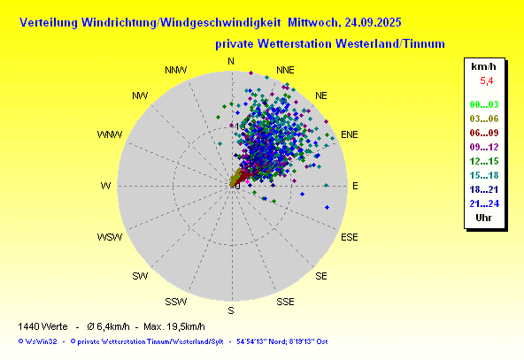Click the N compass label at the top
tap(231, 61)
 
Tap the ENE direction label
tap(350, 134)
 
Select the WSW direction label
tap(110, 237)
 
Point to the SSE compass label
tap(285, 302)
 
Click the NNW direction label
tap(176, 70)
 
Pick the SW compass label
tap(140, 276)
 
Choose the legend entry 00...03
tap(484, 104)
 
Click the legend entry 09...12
tap(484, 147)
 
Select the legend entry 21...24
tap(484, 203)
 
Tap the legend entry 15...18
tap(484, 175)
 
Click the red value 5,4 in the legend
tap(486, 80)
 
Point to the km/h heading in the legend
tap(483, 66)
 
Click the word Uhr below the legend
tap(483, 218)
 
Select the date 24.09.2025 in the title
tap(373, 22)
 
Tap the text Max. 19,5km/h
tap(174, 326)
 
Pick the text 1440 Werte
tap(42, 326)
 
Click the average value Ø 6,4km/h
tap(108, 326)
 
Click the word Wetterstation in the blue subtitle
tap(295, 43)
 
